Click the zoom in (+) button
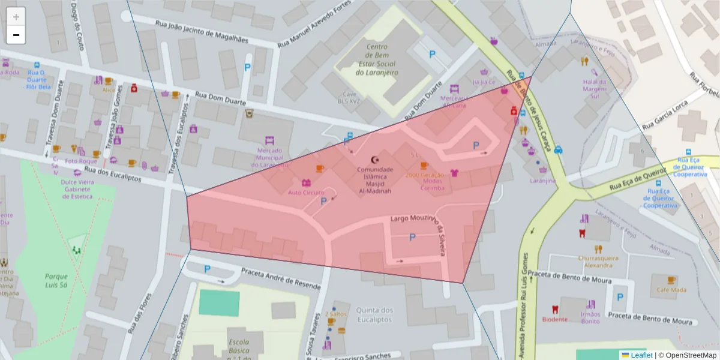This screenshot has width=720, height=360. coord(16,17)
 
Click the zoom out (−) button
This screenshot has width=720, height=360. coord(16,35)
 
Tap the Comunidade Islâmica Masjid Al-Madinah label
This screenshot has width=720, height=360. coord(375,180)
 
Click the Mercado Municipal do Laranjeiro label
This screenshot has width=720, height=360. coord(269,158)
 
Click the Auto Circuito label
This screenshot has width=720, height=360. coord(306,193)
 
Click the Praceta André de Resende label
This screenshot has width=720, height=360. coord(280,279)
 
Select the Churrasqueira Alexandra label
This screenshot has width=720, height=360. coord(598,261)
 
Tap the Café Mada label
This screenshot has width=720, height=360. coord(671,290)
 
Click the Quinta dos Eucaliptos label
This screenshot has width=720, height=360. coord(374,314)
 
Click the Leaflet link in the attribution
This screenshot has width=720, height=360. coord(641,355)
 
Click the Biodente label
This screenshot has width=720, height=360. coord(554,319)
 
